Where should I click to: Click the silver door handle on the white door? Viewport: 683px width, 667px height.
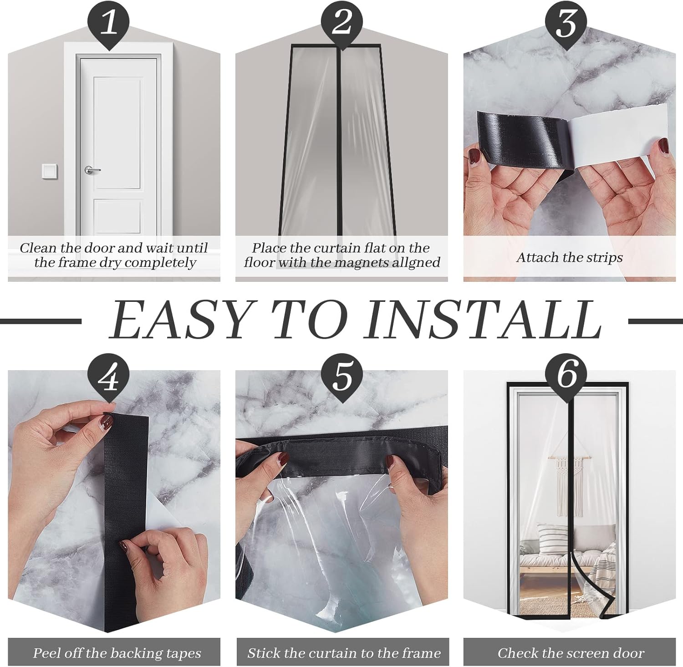click(x=92, y=170)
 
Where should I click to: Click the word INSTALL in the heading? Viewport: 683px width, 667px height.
click(x=484, y=321)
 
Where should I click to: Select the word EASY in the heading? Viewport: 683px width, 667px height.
click(x=180, y=321)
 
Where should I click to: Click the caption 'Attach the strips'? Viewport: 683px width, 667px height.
click(x=569, y=258)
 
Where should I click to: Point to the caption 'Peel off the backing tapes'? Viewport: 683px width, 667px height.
click(x=117, y=653)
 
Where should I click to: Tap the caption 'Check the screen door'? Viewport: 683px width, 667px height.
click(x=571, y=653)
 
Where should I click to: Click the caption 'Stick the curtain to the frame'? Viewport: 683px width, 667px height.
click(x=344, y=653)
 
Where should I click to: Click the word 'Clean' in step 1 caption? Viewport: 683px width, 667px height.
click(x=38, y=248)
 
